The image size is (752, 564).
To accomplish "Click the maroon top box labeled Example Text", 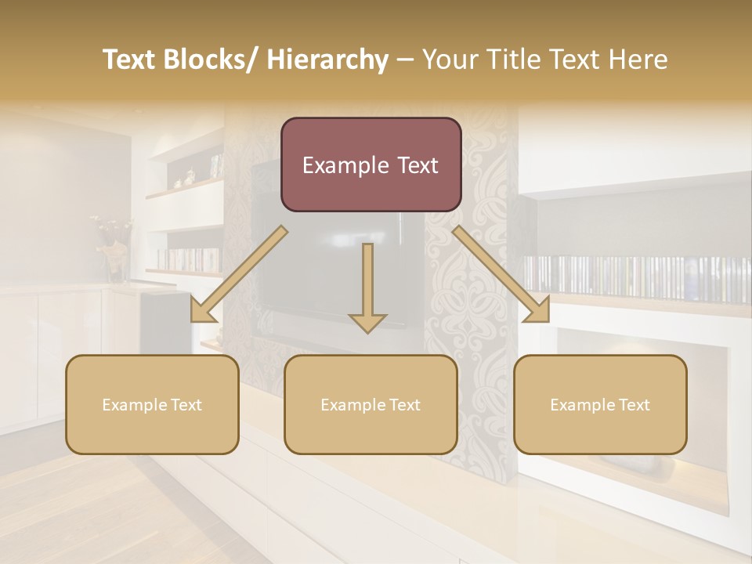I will [x=371, y=164].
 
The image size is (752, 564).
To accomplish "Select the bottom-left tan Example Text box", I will [x=152, y=404].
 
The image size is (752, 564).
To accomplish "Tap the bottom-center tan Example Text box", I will [x=371, y=404].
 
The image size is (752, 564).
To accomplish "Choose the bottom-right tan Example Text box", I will [x=600, y=404].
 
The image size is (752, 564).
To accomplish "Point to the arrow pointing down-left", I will [x=239, y=274].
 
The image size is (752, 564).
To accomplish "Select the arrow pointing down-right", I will [x=501, y=274].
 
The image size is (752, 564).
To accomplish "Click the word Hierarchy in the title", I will [x=327, y=60].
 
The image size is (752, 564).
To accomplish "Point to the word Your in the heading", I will [x=448, y=60].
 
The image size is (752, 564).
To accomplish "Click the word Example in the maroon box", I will [x=345, y=165].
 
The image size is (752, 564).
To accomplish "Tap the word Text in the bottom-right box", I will [x=633, y=405].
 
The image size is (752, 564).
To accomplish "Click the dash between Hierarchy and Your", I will [x=405, y=60].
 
